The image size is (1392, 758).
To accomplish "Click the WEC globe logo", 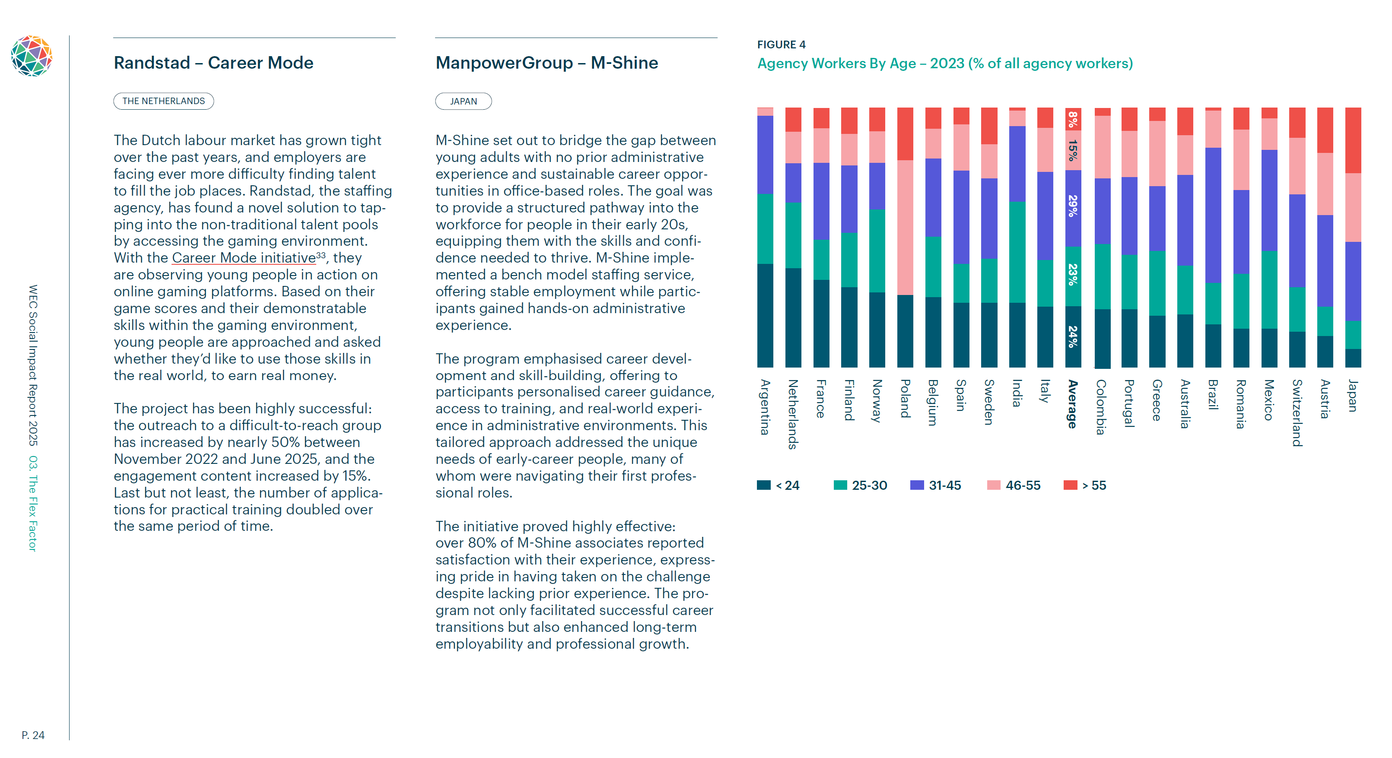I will click(x=32, y=56).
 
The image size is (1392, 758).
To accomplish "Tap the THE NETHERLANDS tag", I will click(x=163, y=101).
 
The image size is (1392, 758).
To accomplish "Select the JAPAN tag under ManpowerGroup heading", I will click(x=463, y=101).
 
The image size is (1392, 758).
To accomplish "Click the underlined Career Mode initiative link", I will click(x=244, y=258).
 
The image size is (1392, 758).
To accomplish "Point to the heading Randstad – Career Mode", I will click(x=213, y=63).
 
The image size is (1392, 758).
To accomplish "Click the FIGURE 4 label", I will click(x=781, y=44).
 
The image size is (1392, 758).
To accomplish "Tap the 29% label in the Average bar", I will click(x=1073, y=206).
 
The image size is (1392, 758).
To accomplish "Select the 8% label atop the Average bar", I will click(x=1073, y=118).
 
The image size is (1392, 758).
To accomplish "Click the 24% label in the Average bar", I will click(x=1073, y=336).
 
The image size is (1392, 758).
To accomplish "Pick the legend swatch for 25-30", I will click(x=840, y=485).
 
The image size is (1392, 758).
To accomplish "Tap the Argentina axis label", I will click(x=765, y=406).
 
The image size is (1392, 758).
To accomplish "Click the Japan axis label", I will click(x=1353, y=396).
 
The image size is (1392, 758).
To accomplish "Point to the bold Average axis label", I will click(x=1073, y=403).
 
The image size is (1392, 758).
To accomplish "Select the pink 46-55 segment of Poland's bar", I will click(x=905, y=227).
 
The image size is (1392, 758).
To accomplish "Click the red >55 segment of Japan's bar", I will click(x=1353, y=140).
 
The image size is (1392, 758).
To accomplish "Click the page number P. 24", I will click(x=33, y=735).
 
